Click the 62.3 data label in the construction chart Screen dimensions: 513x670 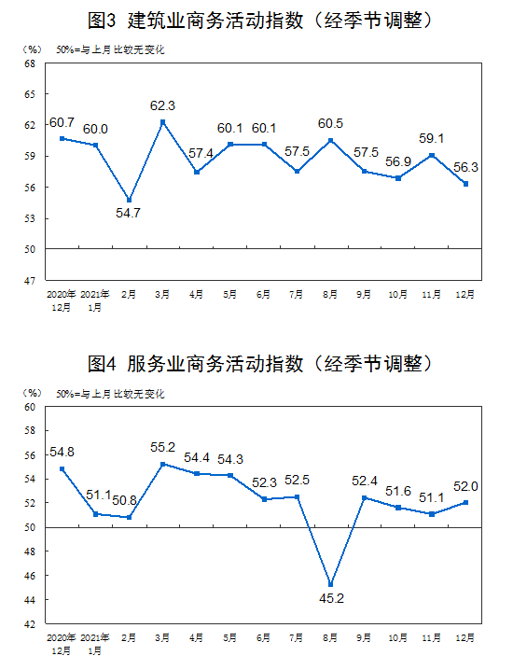coord(162,105)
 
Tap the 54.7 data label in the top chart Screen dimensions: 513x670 coord(128,213)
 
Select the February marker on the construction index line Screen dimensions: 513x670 coord(129,200)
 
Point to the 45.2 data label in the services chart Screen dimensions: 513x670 coord(331,598)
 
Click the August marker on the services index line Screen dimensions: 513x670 coord(330,584)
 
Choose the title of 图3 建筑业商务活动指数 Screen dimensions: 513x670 coord(260,21)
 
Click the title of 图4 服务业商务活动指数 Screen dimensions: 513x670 coord(260,364)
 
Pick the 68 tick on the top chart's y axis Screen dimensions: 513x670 coord(30,63)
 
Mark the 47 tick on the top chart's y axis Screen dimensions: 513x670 coord(30,281)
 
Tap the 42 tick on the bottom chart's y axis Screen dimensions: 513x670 coord(30,624)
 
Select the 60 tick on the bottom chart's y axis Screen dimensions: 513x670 coord(30,407)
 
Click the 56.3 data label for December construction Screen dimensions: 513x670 coord(465,167)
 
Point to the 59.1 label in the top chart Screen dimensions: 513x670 coord(432,138)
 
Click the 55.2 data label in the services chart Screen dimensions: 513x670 coord(162,447)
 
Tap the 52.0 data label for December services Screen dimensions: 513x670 coord(465,486)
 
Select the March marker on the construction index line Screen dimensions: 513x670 coord(162,122)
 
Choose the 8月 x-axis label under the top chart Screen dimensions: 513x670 coord(330,294)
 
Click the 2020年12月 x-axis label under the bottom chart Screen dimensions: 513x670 coord(61,645)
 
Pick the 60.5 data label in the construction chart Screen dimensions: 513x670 coord(330,123)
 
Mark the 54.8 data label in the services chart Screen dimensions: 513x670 coord(62,452)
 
